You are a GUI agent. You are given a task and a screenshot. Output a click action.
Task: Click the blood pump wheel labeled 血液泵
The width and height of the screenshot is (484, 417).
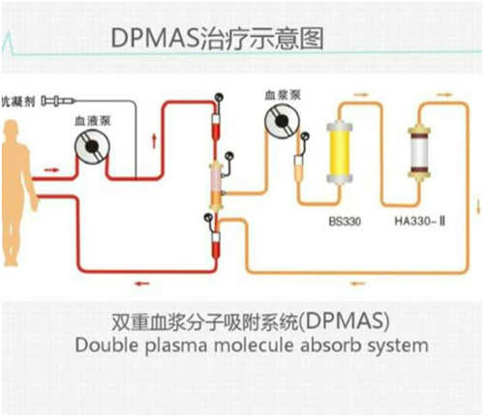tap(92, 147)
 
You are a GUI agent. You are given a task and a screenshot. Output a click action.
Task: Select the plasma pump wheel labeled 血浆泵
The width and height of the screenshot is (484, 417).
tap(282, 121)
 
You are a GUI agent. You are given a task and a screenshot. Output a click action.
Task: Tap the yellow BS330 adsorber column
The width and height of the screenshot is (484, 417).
tap(339, 151)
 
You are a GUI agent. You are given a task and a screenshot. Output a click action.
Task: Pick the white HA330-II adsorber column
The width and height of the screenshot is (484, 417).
tap(419, 152)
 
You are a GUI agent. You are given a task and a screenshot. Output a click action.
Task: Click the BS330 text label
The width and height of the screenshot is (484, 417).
tap(345, 222)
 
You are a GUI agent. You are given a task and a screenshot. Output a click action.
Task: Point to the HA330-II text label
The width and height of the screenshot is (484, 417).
tap(420, 222)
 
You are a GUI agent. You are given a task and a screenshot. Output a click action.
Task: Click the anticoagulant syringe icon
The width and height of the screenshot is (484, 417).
tap(58, 102)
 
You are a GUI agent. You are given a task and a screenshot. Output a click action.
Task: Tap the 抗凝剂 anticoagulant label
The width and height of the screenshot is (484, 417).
tap(18, 102)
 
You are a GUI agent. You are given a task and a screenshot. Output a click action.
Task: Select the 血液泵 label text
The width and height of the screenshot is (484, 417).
tap(93, 121)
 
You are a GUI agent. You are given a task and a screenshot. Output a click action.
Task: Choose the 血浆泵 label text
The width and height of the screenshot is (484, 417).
tap(283, 95)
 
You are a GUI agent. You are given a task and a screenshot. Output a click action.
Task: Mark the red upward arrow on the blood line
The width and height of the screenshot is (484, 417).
tap(154, 141)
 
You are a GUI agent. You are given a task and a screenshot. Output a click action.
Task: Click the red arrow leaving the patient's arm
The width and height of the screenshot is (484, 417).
tap(51, 170)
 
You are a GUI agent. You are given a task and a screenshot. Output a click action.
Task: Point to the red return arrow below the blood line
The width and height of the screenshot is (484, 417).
tap(142, 283)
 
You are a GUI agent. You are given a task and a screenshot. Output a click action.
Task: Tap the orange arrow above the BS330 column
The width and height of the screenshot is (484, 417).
tap(361, 95)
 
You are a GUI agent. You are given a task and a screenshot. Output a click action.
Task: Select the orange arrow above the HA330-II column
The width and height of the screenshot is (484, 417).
tap(444, 95)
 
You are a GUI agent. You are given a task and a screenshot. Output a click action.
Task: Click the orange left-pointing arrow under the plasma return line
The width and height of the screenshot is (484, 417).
tap(358, 283)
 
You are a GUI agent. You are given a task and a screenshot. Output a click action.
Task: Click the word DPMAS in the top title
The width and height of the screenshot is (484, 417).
tap(155, 39)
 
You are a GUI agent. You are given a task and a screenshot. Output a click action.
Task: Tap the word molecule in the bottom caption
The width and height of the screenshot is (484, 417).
tap(254, 345)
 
